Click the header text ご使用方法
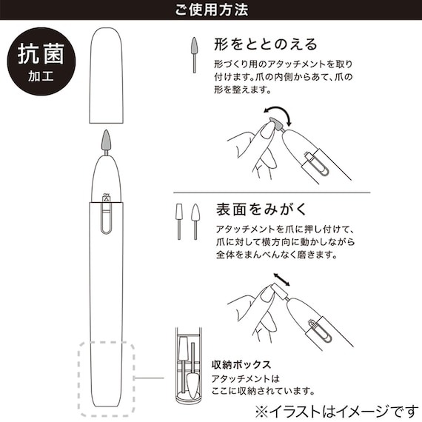211,11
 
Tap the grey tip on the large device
107,141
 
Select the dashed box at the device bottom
106,378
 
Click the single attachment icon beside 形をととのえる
195,52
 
